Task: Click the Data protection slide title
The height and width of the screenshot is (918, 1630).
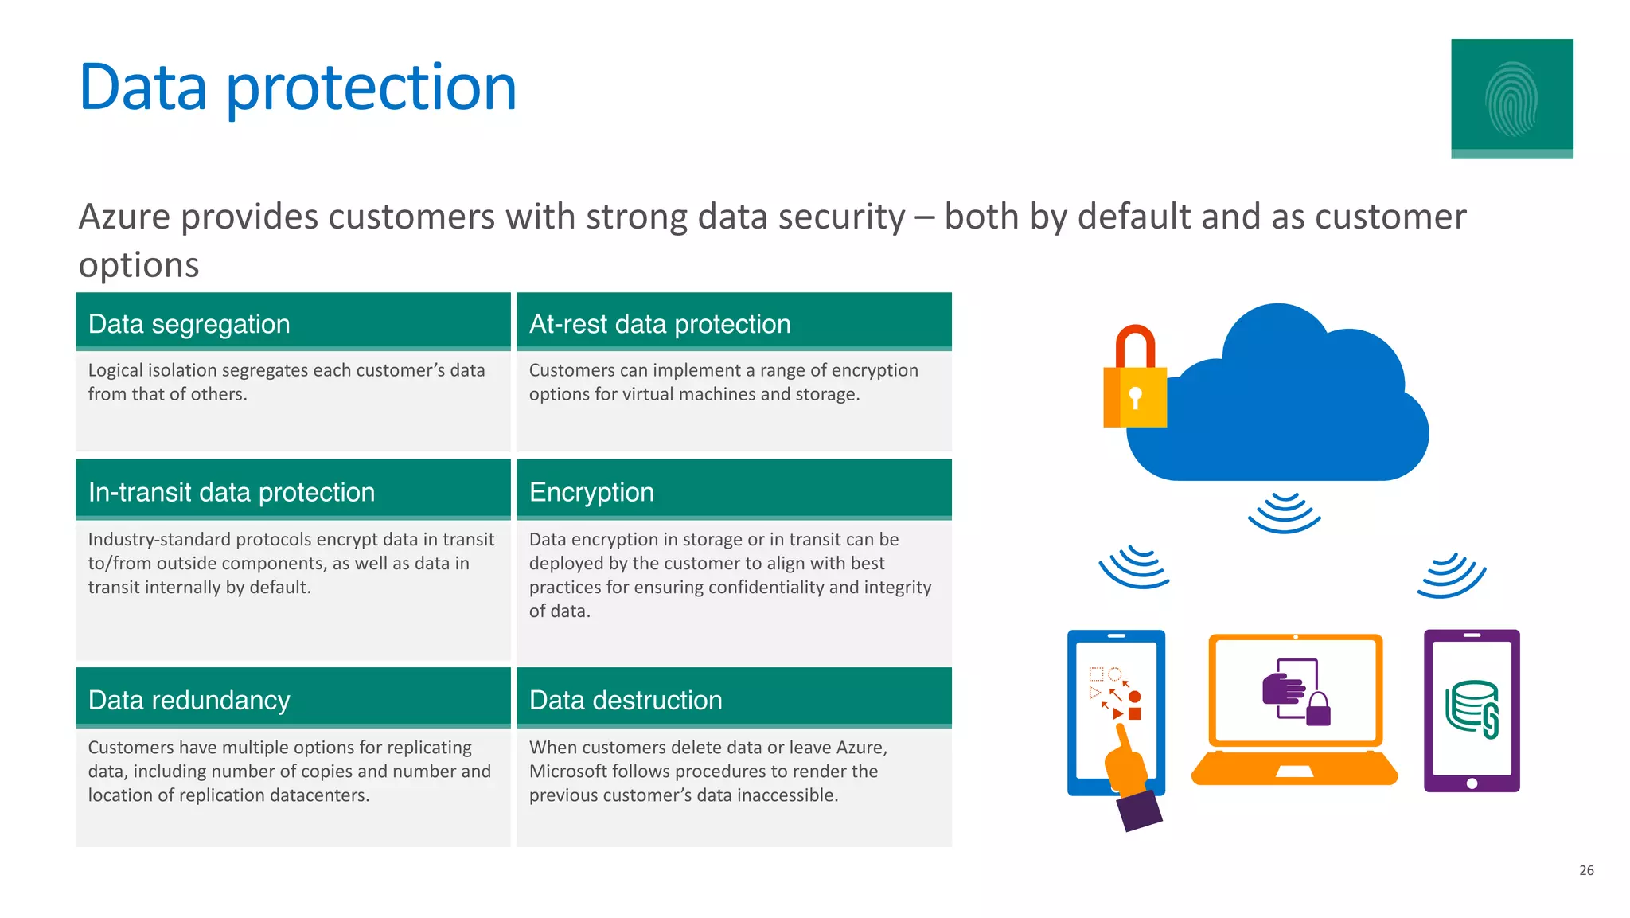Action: tap(298, 88)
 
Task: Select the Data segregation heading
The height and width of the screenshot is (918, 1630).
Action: tap(189, 324)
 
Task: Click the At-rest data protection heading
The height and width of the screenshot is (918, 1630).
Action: tap(659, 324)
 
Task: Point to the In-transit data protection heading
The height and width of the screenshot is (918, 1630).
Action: tap(231, 492)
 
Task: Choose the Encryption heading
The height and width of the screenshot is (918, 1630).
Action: tap(591, 492)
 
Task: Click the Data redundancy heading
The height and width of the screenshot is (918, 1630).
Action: tap(189, 700)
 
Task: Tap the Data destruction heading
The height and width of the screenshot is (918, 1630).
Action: tap(626, 700)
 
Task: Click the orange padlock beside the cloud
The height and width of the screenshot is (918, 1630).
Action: tap(1135, 382)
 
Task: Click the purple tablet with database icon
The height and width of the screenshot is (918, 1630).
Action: tap(1472, 710)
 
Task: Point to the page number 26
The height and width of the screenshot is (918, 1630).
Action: tap(1586, 870)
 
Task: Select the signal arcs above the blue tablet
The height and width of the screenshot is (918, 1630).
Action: tap(1134, 567)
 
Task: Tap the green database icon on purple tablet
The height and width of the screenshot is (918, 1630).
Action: tap(1472, 708)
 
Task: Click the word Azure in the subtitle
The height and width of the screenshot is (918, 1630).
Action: tap(124, 217)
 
